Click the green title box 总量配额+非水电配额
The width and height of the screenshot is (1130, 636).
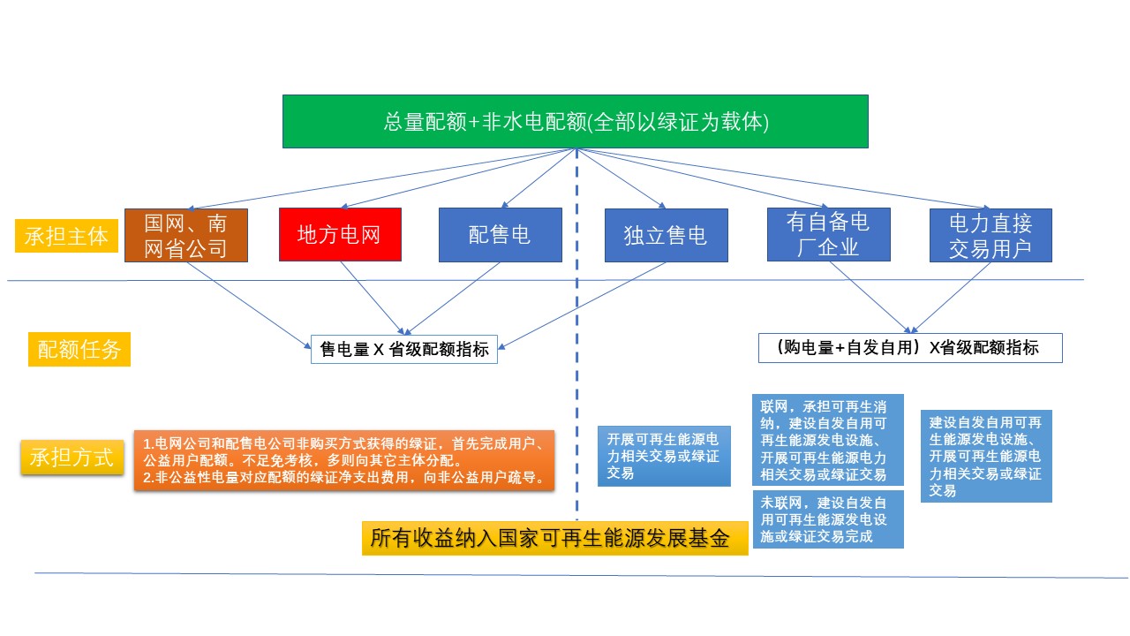(576, 122)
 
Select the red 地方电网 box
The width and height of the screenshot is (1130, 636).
(340, 234)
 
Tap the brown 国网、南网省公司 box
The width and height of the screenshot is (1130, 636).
(186, 235)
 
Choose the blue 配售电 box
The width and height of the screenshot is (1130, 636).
(500, 234)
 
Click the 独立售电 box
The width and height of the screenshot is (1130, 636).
(666, 235)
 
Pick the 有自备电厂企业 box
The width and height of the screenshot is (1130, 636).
(828, 234)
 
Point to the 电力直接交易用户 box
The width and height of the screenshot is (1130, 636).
(991, 235)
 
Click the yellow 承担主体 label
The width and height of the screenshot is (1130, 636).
(66, 236)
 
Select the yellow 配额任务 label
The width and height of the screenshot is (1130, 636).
(79, 350)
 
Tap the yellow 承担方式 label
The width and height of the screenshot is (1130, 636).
(72, 457)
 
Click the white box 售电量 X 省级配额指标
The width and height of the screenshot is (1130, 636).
(404, 349)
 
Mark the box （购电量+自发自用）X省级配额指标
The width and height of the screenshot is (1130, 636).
(910, 348)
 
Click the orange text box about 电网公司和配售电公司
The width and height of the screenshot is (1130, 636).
(348, 460)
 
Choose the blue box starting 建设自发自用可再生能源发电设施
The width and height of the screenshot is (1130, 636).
(986, 456)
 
